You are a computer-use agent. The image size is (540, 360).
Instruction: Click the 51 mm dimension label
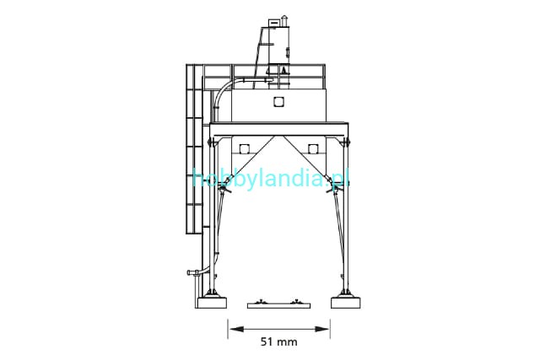click(x=278, y=341)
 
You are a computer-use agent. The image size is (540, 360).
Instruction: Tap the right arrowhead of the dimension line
click(x=321, y=330)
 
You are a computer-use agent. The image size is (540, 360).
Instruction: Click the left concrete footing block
click(x=211, y=303)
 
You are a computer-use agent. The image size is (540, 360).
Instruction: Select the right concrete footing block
click(x=346, y=303)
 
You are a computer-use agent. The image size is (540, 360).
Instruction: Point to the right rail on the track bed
click(x=296, y=302)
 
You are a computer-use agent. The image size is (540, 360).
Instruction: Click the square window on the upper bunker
click(x=278, y=102)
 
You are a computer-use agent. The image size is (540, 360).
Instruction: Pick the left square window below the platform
click(x=244, y=148)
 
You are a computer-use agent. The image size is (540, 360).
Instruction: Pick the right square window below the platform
click(x=313, y=148)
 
